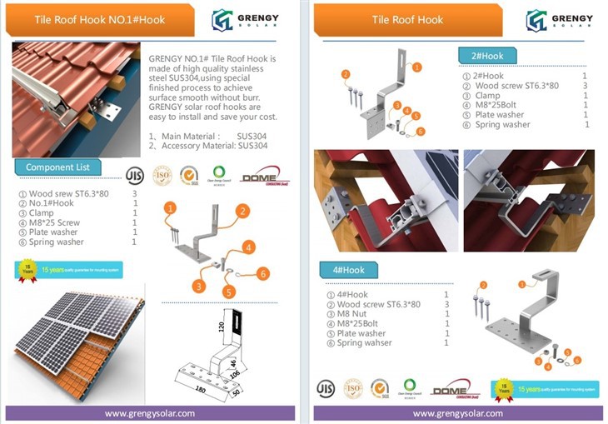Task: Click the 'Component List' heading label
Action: coord(57,167)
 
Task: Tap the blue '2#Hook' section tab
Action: coord(487,56)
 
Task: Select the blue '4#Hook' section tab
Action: coord(349,270)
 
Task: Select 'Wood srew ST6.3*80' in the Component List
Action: coord(66,194)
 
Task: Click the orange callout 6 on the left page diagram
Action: coord(262,274)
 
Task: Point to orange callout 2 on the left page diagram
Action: coord(242,212)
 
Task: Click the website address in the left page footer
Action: coord(150,413)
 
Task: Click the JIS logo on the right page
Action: coord(326,388)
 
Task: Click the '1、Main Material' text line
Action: coord(184,135)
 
